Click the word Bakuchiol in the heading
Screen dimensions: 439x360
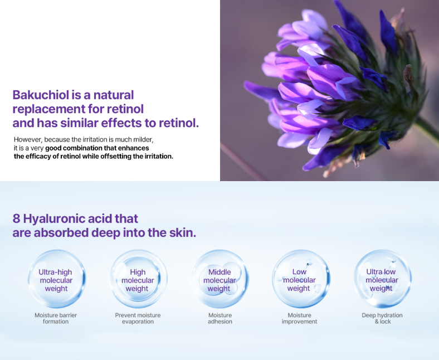[x=41, y=95]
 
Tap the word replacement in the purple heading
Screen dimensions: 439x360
[x=48, y=110]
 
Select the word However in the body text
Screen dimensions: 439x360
[x=28, y=139]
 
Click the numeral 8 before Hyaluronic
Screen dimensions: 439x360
[x=16, y=218]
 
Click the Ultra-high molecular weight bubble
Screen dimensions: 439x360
[x=57, y=279]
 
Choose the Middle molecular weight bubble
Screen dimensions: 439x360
[x=220, y=279]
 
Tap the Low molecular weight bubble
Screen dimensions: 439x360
[x=301, y=279]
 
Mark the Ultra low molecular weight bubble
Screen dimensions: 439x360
[x=382, y=279]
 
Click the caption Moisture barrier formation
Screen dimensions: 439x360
[x=56, y=318]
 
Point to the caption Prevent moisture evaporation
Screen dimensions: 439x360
[x=138, y=318]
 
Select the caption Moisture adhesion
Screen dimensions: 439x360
[x=220, y=318]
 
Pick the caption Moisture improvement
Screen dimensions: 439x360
[x=299, y=318]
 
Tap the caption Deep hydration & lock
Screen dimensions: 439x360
[x=382, y=318]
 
